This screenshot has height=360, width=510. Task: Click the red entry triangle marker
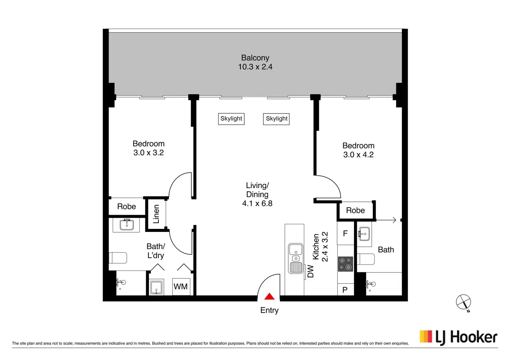click(x=269, y=296)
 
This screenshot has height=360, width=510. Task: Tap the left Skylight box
click(x=231, y=119)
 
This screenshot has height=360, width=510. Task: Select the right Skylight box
click(x=276, y=119)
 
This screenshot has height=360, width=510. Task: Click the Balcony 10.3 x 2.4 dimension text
click(x=255, y=67)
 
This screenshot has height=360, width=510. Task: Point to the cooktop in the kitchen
click(x=345, y=264)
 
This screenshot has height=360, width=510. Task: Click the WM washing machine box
click(x=181, y=287)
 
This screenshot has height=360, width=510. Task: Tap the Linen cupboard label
click(x=156, y=214)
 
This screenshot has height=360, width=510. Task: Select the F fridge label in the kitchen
click(x=345, y=233)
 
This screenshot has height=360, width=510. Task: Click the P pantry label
click(x=345, y=290)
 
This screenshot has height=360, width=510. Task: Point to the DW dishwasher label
click(x=310, y=271)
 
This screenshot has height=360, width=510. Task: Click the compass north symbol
click(x=464, y=303)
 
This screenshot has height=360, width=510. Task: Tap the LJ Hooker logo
click(x=458, y=337)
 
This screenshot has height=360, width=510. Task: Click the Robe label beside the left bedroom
click(x=126, y=207)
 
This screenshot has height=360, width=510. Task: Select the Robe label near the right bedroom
click(x=355, y=210)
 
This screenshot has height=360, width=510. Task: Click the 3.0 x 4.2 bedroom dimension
click(x=358, y=155)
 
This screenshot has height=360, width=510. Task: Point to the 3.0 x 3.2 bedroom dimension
click(x=148, y=153)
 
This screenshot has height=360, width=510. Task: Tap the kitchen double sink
click(x=296, y=258)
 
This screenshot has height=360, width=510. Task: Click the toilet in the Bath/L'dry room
click(x=118, y=258)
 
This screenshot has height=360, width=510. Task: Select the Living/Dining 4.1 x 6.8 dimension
click(x=257, y=203)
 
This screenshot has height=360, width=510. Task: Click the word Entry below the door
click(x=269, y=310)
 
